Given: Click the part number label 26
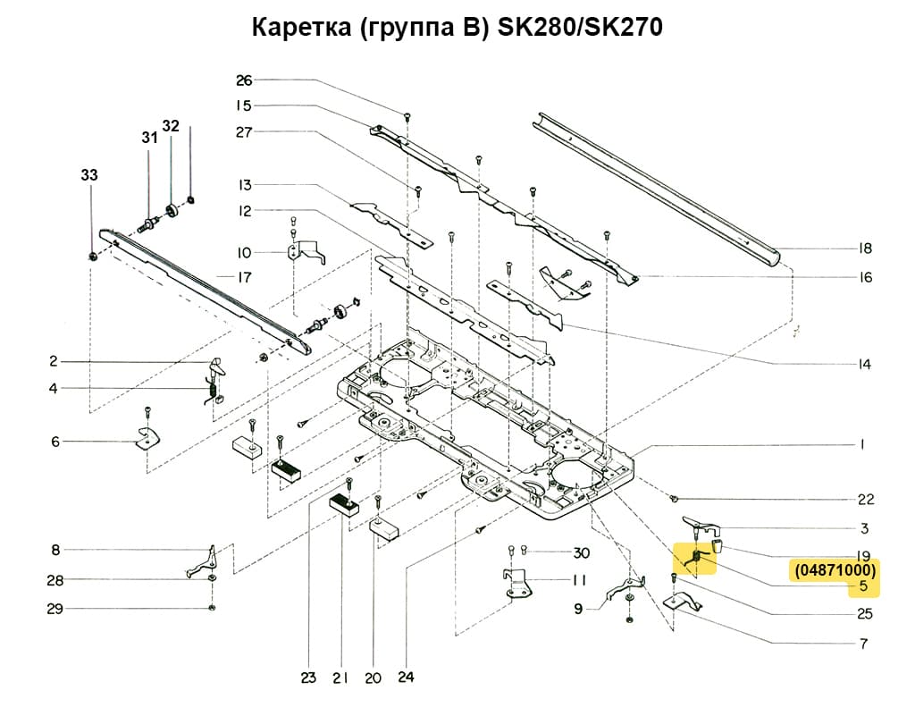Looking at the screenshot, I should pos(244,80).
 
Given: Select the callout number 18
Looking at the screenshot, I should pos(864,248).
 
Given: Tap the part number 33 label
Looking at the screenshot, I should pos(89,176).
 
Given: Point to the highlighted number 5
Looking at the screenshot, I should pos(863,587).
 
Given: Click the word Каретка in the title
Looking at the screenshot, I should pos(301,28).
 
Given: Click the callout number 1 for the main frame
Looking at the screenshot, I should pos(863,444).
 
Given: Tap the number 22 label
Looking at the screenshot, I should pos(864,500).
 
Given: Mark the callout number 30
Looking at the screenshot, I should pos(582,552).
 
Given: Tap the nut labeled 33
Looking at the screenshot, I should pos(94,257).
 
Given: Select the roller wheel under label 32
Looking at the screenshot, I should pos(172,215).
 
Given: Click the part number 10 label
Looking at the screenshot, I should pos(244,252).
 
